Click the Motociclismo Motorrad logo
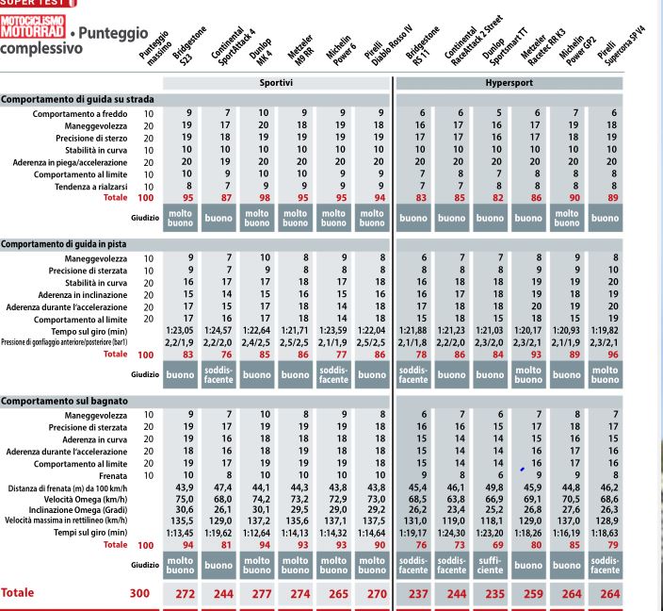click(x=33, y=26)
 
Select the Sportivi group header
click(x=276, y=83)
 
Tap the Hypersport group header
click(x=509, y=83)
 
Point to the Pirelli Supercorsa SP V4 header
click(x=622, y=45)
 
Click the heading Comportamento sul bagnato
click(x=64, y=401)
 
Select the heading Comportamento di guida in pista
click(x=63, y=244)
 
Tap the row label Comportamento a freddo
click(x=80, y=114)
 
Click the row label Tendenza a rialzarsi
click(x=91, y=187)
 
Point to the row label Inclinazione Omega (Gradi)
click(x=78, y=510)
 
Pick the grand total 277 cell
click(x=262, y=594)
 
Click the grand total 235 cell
click(x=495, y=594)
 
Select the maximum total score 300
click(x=139, y=593)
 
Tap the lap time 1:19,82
click(x=605, y=330)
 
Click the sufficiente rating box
click(x=490, y=566)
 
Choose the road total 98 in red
click(x=265, y=198)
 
